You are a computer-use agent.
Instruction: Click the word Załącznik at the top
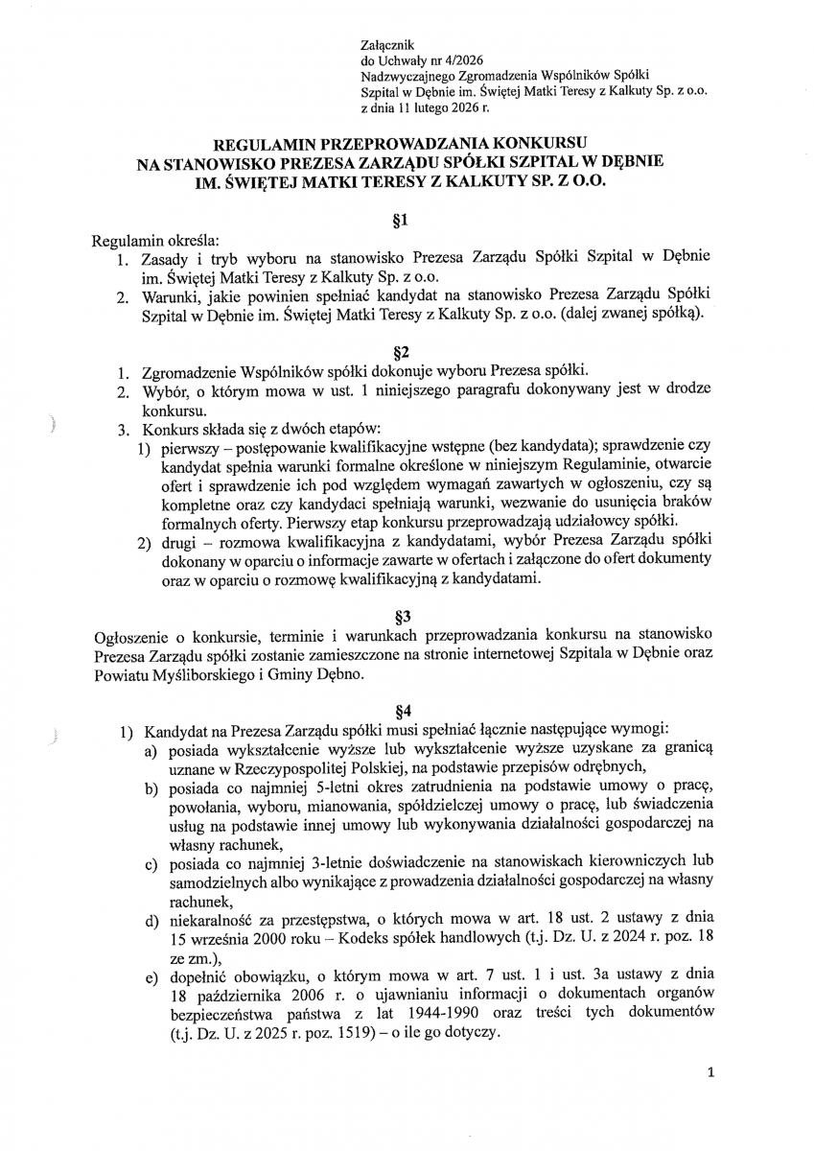pyautogui.click(x=384, y=44)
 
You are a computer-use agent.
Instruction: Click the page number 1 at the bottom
pyautogui.click(x=709, y=1074)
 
